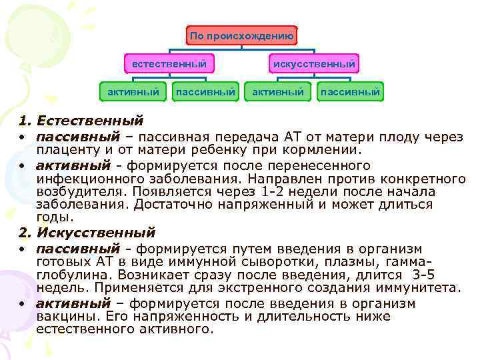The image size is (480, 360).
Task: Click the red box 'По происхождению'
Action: click(x=241, y=36)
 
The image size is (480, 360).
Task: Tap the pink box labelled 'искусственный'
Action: click(x=313, y=64)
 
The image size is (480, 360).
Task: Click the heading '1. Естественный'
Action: click(x=81, y=121)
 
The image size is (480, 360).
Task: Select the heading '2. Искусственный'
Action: click(x=87, y=233)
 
